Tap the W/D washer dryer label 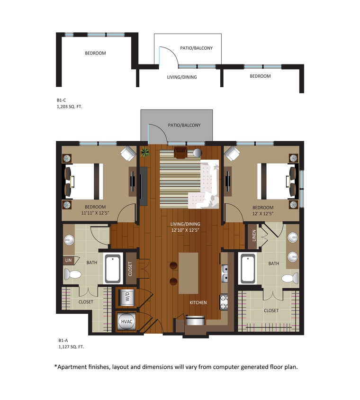click(127, 298)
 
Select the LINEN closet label click(254, 236)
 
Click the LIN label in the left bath click(68, 260)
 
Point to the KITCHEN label click(198, 302)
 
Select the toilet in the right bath click(288, 278)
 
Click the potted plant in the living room click(145, 152)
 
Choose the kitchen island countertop click(189, 273)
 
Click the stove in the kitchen click(224, 300)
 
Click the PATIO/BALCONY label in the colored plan click(184, 126)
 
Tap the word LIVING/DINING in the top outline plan click(182, 77)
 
